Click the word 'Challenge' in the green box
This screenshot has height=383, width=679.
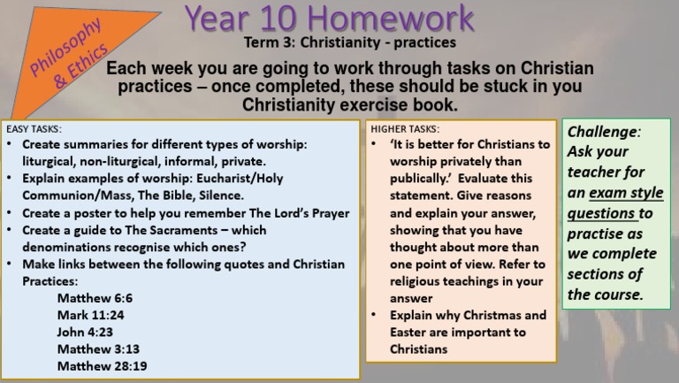point(603,131)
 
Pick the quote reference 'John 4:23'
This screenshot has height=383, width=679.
point(87,332)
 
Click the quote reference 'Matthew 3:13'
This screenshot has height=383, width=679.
point(95,349)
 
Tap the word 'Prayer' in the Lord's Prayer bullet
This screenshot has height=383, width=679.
point(328,213)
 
